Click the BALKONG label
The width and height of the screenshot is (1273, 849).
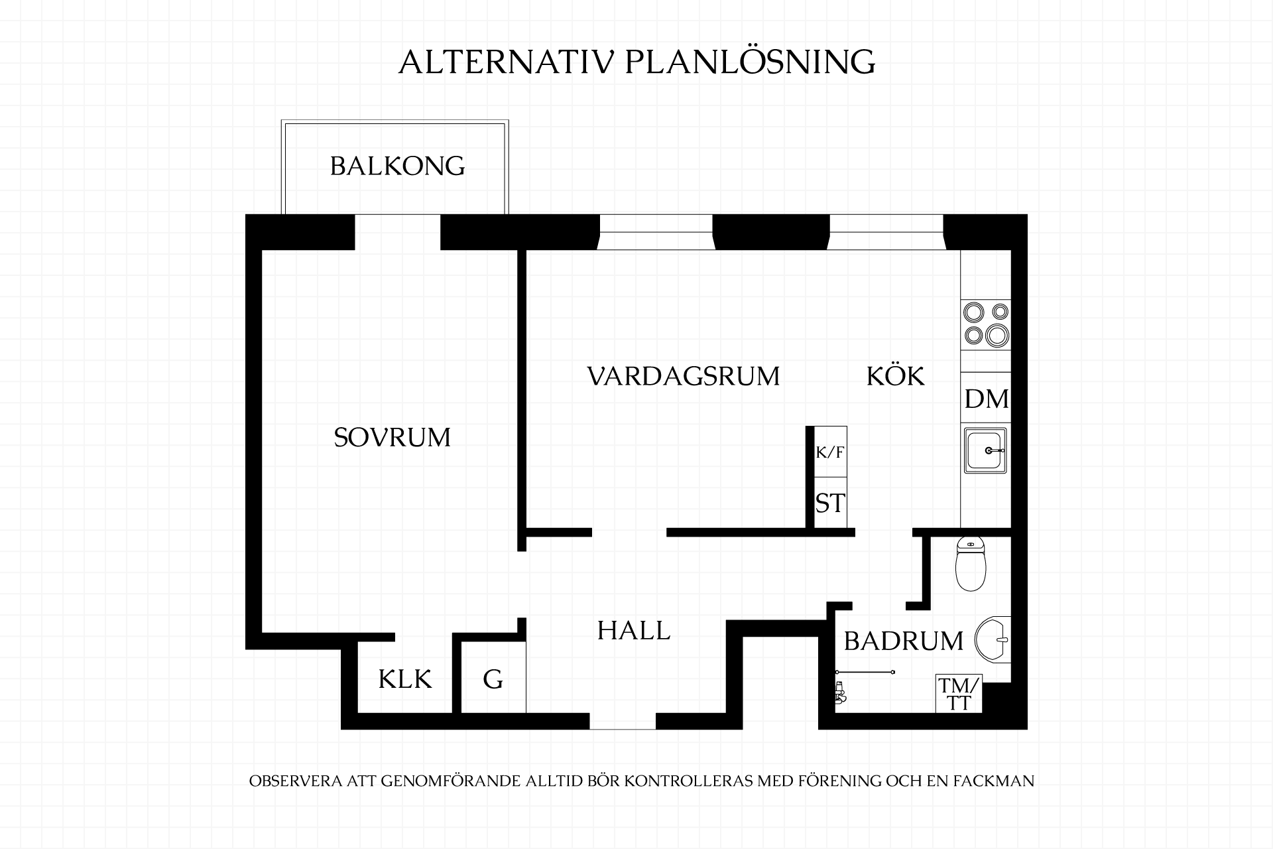pyautogui.click(x=397, y=166)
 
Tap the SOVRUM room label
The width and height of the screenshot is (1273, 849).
pyautogui.click(x=392, y=438)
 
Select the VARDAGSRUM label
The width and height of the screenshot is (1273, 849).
pyautogui.click(x=684, y=376)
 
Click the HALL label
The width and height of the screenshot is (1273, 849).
pyautogui.click(x=634, y=630)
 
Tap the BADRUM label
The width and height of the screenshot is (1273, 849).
pyautogui.click(x=904, y=641)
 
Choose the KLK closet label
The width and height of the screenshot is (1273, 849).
pyautogui.click(x=405, y=679)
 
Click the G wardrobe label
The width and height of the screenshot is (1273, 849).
pyautogui.click(x=493, y=679)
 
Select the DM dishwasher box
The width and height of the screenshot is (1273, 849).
pyautogui.click(x=986, y=398)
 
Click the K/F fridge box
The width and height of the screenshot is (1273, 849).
pyautogui.click(x=830, y=452)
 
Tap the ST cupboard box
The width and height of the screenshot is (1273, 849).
pyautogui.click(x=830, y=503)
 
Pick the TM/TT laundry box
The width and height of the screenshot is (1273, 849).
pyautogui.click(x=959, y=694)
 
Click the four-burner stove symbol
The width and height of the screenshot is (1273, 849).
pyautogui.click(x=986, y=324)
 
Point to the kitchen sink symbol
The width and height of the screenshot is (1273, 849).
pyautogui.click(x=986, y=450)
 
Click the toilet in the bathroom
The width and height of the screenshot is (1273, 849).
pyautogui.click(x=971, y=564)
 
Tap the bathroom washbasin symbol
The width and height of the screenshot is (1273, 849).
pyautogui.click(x=993, y=640)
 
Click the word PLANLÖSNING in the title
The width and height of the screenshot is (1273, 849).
pyautogui.click(x=751, y=62)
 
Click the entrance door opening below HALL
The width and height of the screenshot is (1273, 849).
pyautogui.click(x=623, y=721)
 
